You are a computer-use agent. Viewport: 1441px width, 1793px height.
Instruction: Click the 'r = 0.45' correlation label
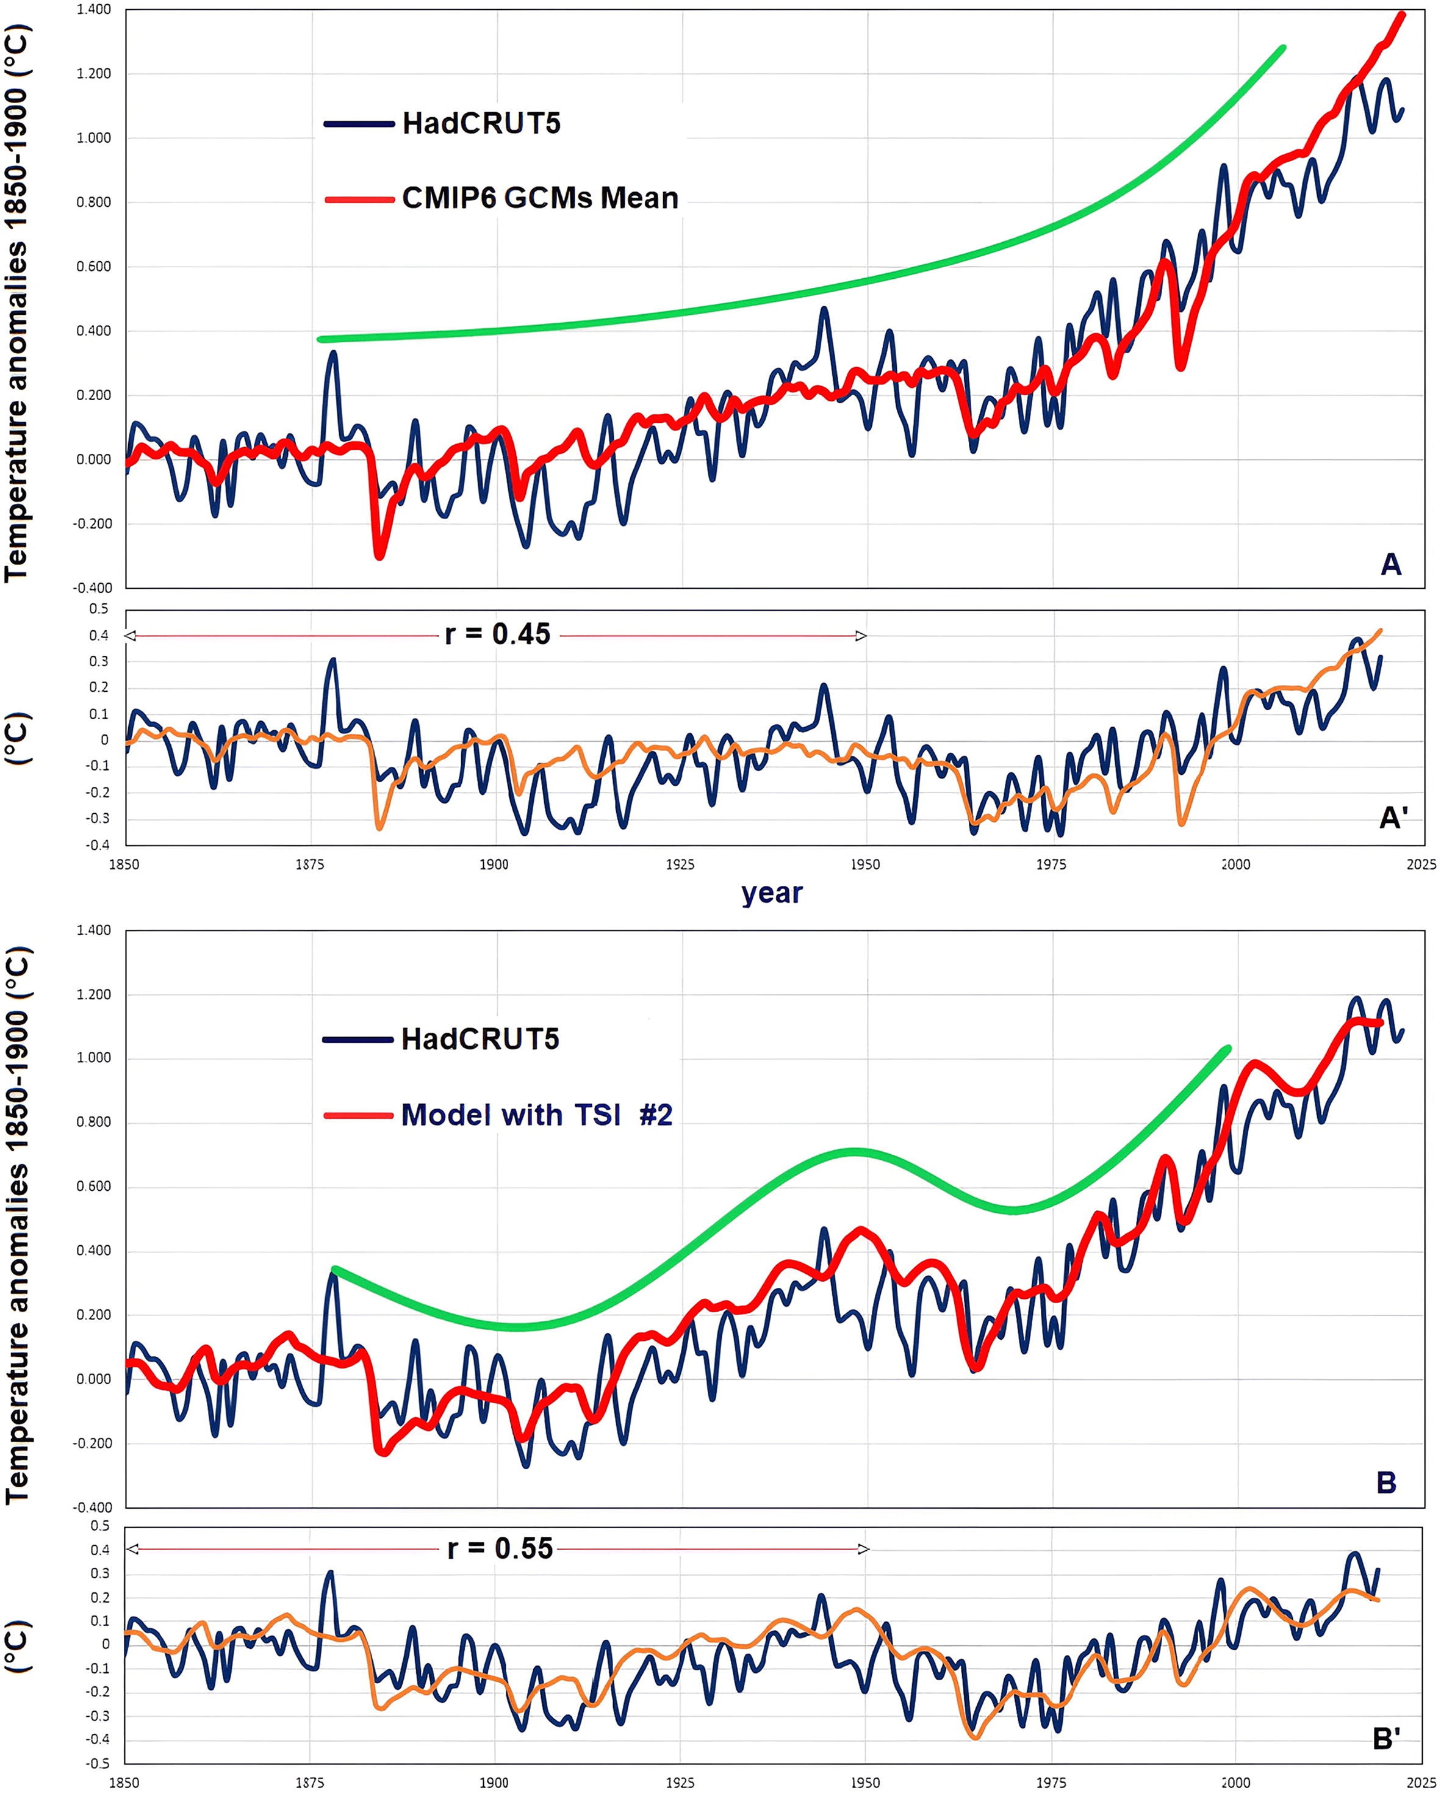click(x=497, y=634)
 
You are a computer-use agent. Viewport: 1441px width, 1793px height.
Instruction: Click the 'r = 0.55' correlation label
click(x=500, y=1548)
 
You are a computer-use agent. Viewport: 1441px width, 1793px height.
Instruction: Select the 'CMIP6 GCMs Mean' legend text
click(x=540, y=198)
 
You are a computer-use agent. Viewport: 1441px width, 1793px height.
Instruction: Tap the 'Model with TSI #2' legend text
click(x=536, y=1115)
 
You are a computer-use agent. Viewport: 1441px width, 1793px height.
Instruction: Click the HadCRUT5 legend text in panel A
click(x=481, y=123)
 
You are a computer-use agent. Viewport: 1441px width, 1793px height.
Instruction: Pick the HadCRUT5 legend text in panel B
click(x=480, y=1039)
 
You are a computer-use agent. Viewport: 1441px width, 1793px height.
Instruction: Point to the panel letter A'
click(x=1393, y=817)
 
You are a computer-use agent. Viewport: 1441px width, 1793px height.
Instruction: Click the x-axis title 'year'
click(x=772, y=893)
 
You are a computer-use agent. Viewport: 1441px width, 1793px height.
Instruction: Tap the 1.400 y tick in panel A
click(x=94, y=10)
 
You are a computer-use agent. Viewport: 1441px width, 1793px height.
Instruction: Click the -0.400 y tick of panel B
click(x=92, y=1506)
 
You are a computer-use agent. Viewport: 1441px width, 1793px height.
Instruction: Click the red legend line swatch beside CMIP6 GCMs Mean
click(x=358, y=199)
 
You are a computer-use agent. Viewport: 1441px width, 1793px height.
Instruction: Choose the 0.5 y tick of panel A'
click(x=99, y=609)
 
